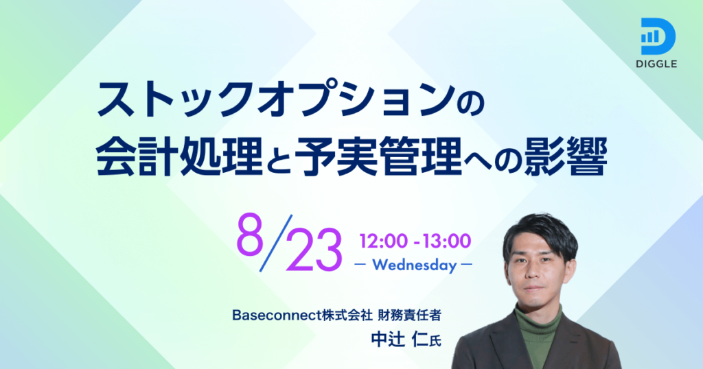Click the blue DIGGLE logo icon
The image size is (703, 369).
pyautogui.click(x=658, y=37)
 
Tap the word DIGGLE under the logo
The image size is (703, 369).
pyautogui.click(x=656, y=64)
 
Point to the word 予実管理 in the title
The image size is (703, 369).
pyautogui.click(x=379, y=156)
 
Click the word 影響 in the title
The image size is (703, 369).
pyautogui.click(x=566, y=156)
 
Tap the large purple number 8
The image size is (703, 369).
pyautogui.click(x=250, y=234)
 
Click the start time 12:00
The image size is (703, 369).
pyautogui.click(x=383, y=241)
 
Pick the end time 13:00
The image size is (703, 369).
pyautogui.click(x=446, y=241)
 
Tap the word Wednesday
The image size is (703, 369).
pyautogui.click(x=414, y=265)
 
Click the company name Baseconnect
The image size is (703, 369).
pyautogui.click(x=277, y=316)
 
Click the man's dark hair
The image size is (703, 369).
pyautogui.click(x=540, y=234)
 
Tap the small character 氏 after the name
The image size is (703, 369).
pyautogui.click(x=435, y=342)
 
